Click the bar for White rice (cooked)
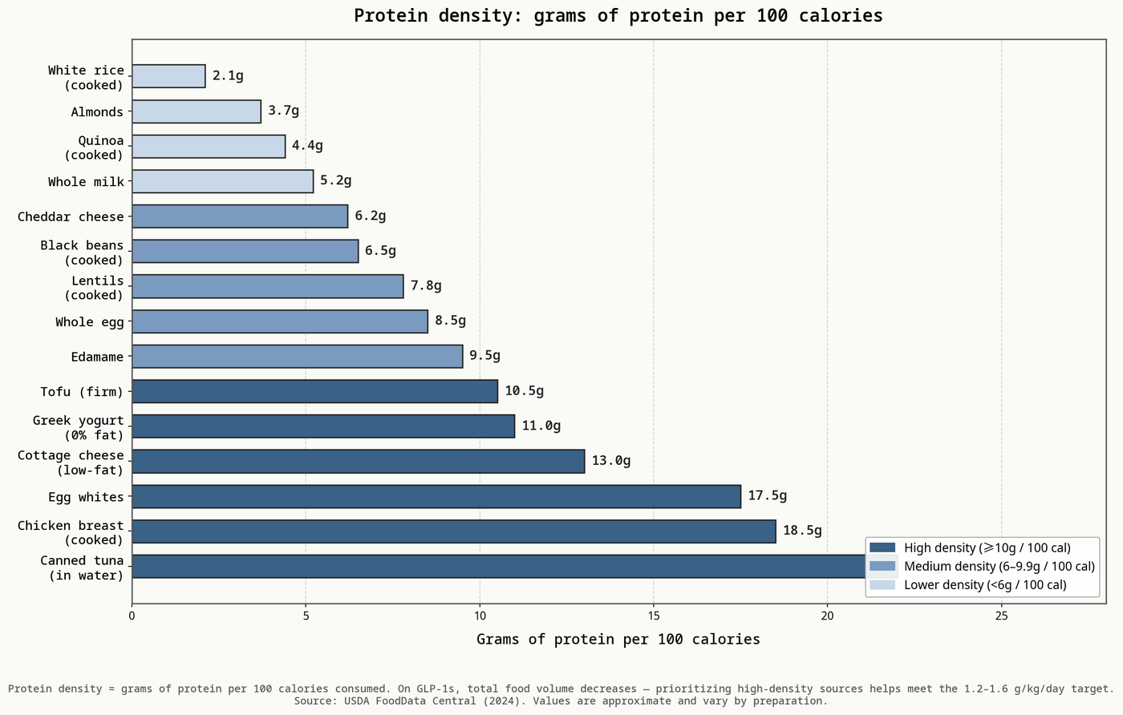click(x=168, y=76)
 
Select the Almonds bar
click(x=197, y=111)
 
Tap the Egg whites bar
click(x=436, y=496)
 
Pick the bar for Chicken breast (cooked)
click(x=454, y=531)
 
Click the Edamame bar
click(x=298, y=356)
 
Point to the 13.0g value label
click(x=611, y=460)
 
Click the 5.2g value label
click(x=336, y=180)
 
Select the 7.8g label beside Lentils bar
click(x=426, y=285)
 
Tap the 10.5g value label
click(x=525, y=391)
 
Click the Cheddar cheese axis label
click(x=71, y=216)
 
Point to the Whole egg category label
click(x=90, y=321)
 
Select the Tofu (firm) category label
click(x=82, y=391)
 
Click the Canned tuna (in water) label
click(x=82, y=568)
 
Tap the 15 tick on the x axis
click(x=653, y=616)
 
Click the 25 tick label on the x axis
click(x=1001, y=616)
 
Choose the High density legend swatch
click(x=882, y=547)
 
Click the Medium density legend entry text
click(x=999, y=566)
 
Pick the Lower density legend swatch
click(x=882, y=584)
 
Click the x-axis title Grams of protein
click(x=618, y=640)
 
